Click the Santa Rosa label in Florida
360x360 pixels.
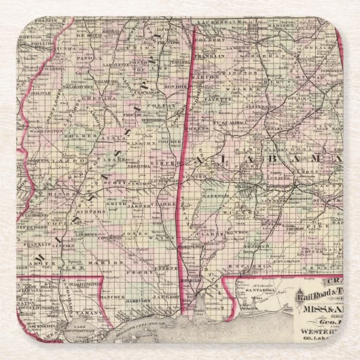click(259, 289)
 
